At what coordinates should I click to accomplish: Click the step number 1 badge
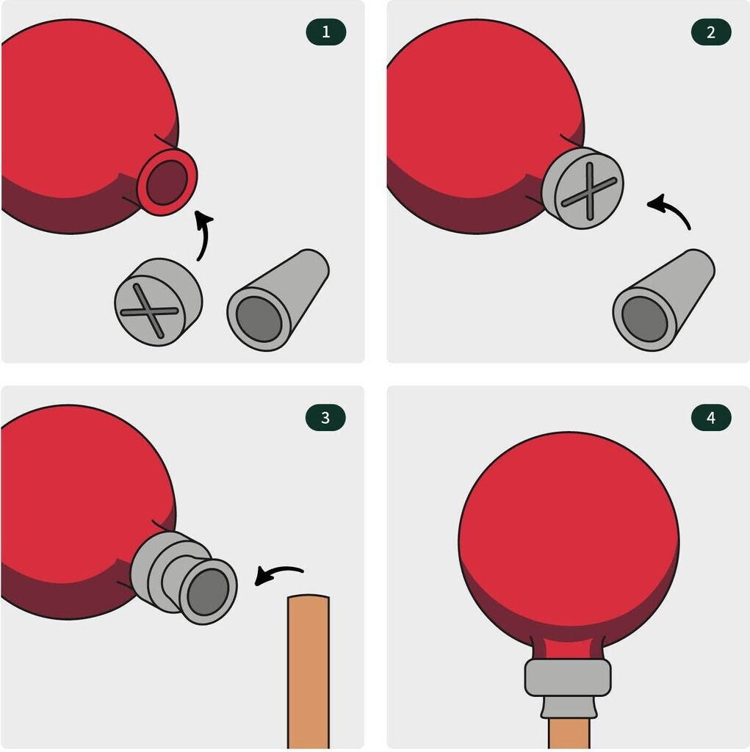pos(326,32)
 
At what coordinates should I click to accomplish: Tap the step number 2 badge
pos(711,32)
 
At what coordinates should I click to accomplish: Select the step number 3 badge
pos(326,418)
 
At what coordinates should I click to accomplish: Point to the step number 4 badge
pos(711,418)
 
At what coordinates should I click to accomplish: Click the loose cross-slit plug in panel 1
pos(159,302)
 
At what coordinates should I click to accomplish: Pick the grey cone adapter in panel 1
pos(278,300)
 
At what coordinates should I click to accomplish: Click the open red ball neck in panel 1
pos(167,182)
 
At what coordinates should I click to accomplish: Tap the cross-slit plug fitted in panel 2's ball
pos(583,188)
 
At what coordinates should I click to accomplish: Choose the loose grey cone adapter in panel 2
pos(663,300)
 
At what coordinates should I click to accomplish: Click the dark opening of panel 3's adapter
pos(208,592)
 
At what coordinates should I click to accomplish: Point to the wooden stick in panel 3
pos(309,671)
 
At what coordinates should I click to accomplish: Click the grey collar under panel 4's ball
pos(568,678)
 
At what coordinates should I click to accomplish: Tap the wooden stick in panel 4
pos(569,733)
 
